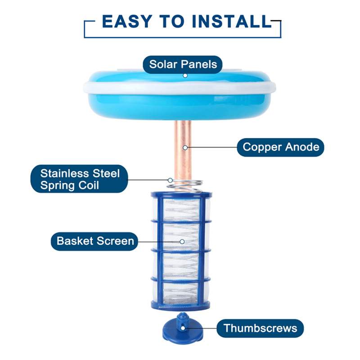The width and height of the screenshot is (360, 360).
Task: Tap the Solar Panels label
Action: pos(183,64)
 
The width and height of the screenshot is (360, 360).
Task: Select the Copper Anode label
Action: pos(281,147)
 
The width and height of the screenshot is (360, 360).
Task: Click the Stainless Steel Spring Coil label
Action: pos(80,179)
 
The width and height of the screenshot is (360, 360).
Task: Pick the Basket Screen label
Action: pos(95,241)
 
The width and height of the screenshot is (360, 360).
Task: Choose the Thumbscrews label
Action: pos(261,328)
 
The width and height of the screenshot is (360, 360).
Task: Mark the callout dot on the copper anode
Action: pos(184,147)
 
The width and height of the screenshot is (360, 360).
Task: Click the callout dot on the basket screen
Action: pos(182,241)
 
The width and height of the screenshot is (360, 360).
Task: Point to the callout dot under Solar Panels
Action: pos(185,76)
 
